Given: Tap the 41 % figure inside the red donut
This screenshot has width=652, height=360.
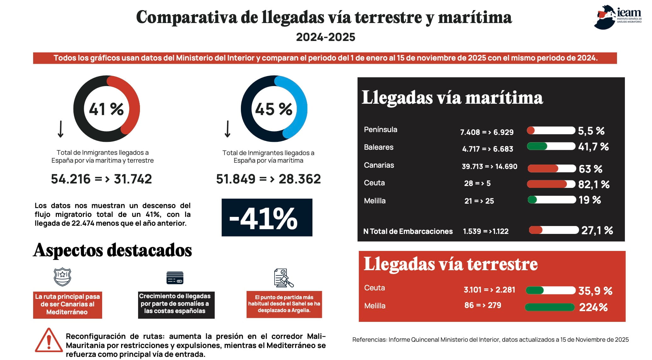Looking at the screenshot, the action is (106, 109).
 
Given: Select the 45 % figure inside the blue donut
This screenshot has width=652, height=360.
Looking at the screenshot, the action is (274, 109).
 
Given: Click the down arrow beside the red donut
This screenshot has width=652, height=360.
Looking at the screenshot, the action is (61, 129).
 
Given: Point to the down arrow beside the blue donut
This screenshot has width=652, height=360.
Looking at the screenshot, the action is (227, 129).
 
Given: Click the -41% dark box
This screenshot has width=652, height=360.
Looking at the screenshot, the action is (267, 217).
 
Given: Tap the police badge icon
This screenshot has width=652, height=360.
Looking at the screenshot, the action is (62, 277).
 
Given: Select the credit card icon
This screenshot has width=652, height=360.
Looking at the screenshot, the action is (175, 278).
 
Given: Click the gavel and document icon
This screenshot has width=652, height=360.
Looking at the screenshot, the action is (283, 278).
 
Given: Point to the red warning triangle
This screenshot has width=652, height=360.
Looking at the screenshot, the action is (49, 340).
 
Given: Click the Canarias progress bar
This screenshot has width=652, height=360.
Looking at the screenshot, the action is (552, 168).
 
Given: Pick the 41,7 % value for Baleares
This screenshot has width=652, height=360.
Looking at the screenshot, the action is (593, 147).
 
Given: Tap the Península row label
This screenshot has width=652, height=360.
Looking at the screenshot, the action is (381, 130).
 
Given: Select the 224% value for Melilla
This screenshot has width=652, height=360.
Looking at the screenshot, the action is (593, 307).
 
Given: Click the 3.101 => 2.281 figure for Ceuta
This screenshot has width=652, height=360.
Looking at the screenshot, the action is (489, 290).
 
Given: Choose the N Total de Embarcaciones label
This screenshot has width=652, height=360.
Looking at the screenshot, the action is (408, 231).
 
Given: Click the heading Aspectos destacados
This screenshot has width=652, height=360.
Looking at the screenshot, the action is (113, 251).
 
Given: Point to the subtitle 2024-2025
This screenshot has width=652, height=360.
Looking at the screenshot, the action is (326, 37).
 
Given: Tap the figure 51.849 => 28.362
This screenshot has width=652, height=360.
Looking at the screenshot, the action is (268, 179).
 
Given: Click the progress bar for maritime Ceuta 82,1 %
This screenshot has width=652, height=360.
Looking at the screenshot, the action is (551, 184).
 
